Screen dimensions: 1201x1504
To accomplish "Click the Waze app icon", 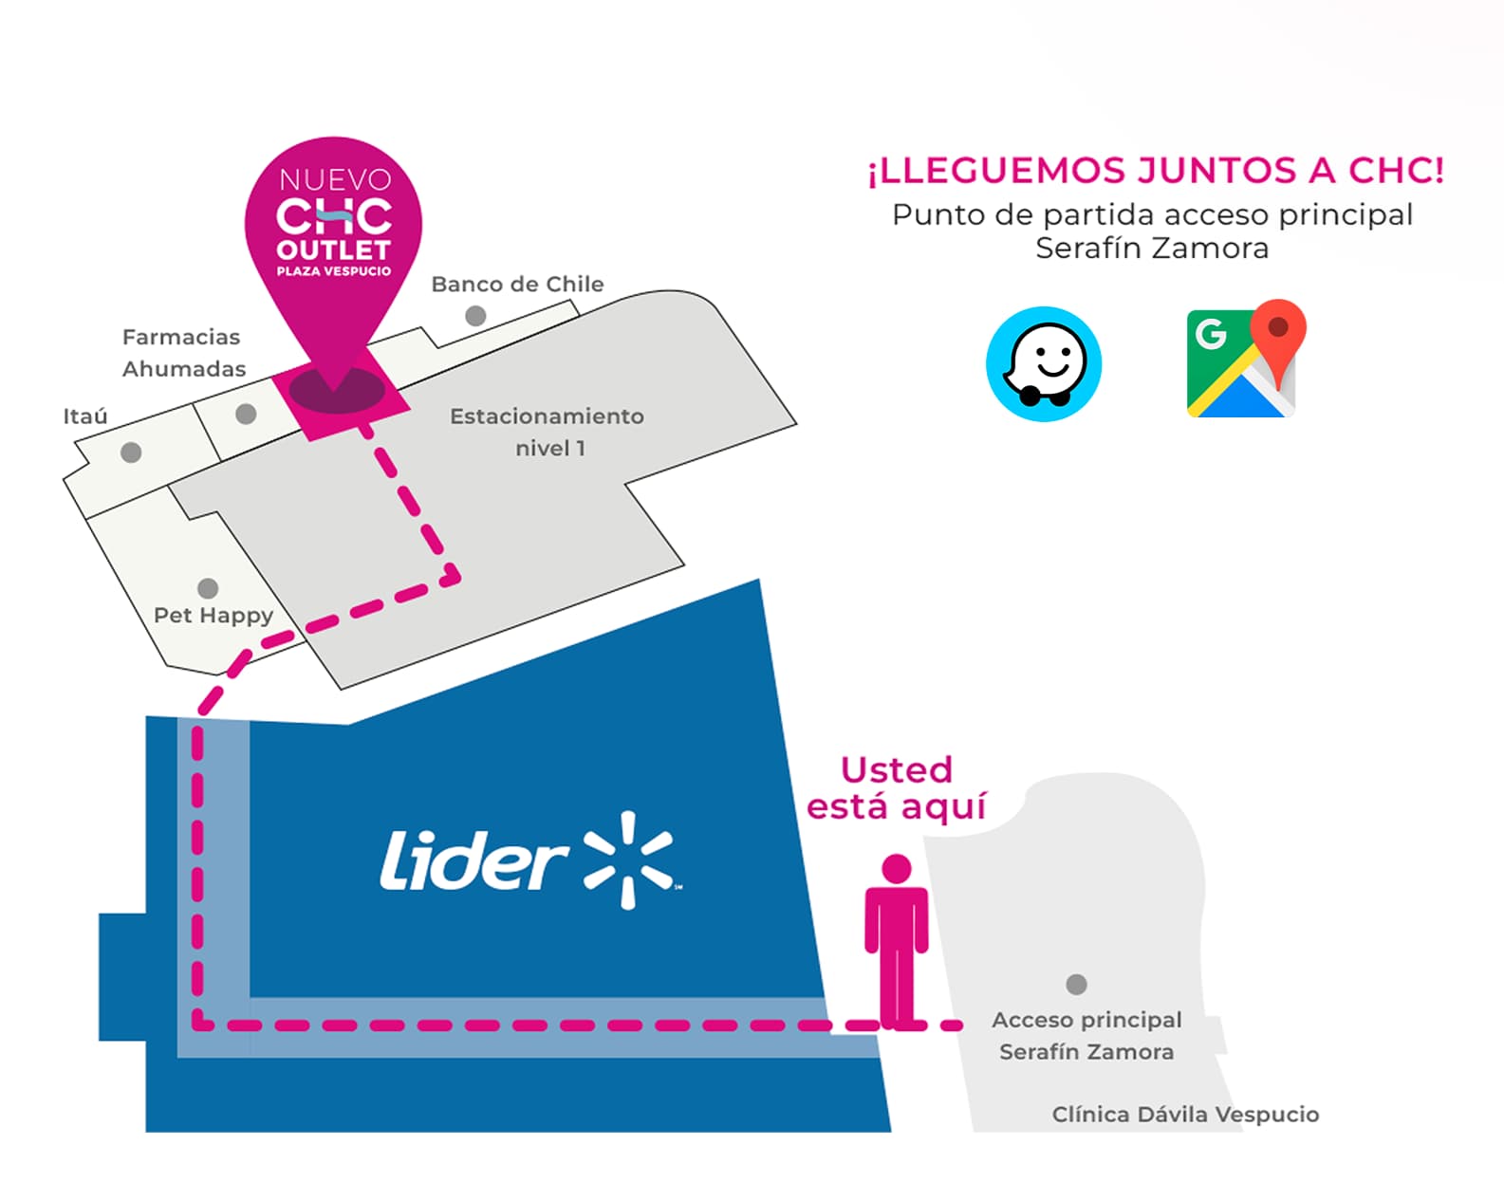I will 1043,364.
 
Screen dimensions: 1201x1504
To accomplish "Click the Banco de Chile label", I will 517,285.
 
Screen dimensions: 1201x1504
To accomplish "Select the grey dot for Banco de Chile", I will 475,316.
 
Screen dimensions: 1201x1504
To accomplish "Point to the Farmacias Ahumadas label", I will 182,353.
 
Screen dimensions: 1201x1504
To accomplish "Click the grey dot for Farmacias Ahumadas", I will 246,414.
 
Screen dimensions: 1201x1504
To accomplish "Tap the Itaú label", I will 85,416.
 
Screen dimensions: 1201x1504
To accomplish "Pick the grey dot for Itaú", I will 131,453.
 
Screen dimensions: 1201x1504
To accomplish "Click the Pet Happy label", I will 214,616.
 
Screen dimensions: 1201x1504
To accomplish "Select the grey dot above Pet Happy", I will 208,588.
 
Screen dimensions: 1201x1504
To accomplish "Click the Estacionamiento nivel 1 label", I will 547,432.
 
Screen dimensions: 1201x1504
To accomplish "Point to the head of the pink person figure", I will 896,868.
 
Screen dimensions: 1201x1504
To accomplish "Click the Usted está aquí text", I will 897,788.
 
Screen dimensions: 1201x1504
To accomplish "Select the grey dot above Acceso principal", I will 1076,984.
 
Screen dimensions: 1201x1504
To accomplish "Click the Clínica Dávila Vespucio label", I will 1185,1115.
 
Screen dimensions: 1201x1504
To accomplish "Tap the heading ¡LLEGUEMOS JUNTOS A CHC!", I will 1155,171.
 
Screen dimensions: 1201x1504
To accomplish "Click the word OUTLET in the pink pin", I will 334,250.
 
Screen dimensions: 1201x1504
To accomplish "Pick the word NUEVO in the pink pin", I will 335,179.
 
